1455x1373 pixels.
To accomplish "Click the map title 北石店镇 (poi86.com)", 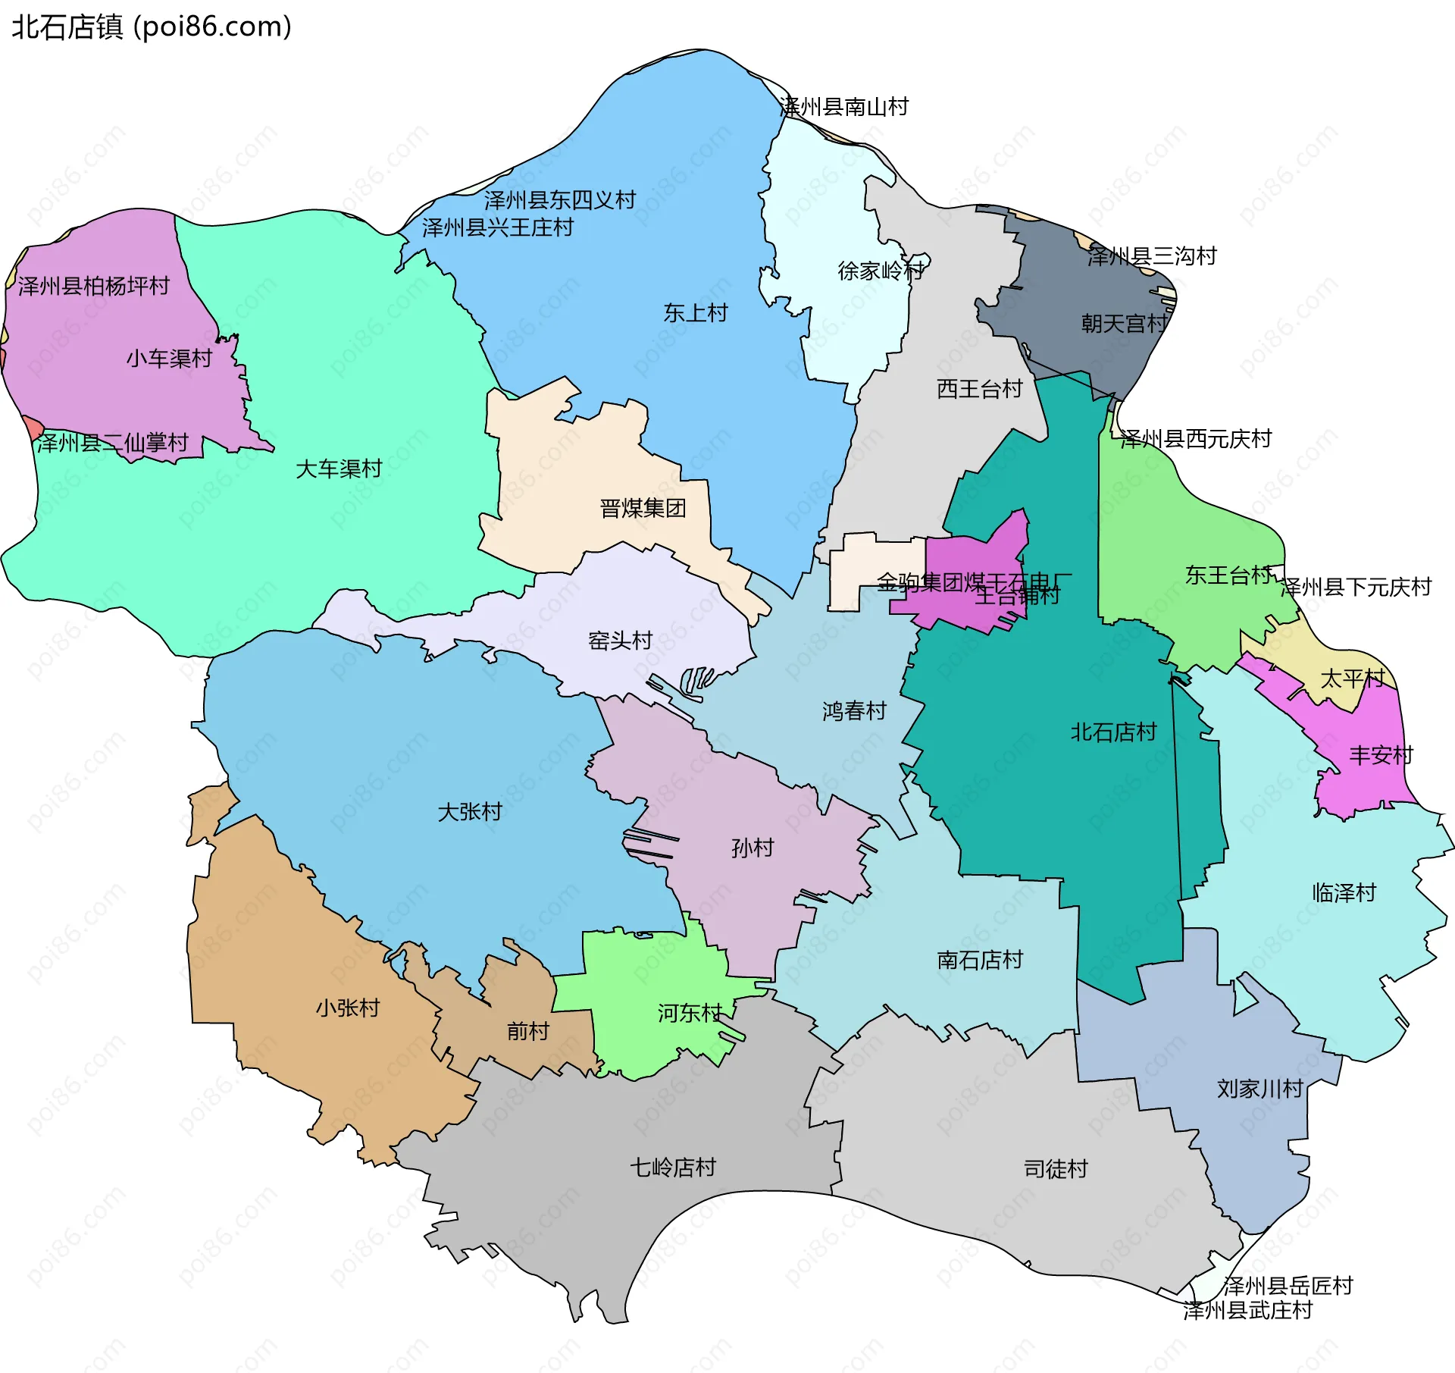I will point(152,27).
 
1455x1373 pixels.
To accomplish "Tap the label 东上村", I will point(695,312).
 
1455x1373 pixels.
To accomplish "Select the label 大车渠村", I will point(339,469).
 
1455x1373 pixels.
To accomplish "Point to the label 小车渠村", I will point(169,358).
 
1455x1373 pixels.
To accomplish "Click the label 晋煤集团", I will point(643,508).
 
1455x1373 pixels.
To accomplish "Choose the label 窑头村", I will point(620,641).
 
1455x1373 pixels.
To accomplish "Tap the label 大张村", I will point(470,812).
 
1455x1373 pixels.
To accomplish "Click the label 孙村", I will point(753,848).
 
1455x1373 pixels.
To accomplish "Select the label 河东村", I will point(689,1013).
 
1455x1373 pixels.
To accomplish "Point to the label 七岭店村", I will point(673,1167).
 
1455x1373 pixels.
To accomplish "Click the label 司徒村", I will point(1056,1168).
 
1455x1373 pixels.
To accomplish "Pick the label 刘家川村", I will point(1259,1089).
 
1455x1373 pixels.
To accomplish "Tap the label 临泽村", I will point(1344,892).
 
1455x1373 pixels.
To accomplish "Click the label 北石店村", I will point(1113,732).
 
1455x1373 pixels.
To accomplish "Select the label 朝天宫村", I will point(1124,324).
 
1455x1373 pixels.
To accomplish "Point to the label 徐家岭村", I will point(881,270).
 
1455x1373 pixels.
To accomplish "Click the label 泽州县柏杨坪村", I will point(94,286).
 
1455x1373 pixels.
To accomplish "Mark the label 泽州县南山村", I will point(844,107).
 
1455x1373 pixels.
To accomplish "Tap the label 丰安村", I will point(1381,755).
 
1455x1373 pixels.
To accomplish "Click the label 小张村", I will point(348,1008).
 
